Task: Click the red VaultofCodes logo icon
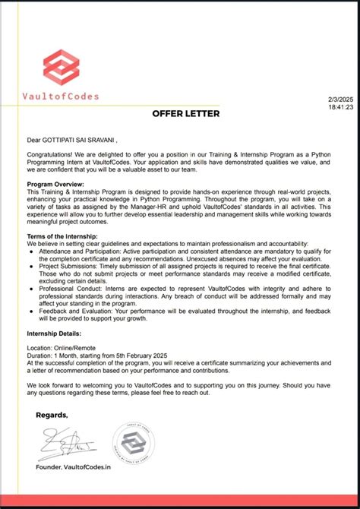[x=62, y=67]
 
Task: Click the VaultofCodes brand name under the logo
[x=62, y=96]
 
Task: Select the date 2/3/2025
[x=340, y=100]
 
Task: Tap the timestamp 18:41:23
[x=340, y=107]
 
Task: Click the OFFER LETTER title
[x=186, y=114]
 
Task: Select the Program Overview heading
[x=55, y=184]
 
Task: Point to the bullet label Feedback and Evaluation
[x=72, y=311]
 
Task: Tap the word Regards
[x=52, y=415]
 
